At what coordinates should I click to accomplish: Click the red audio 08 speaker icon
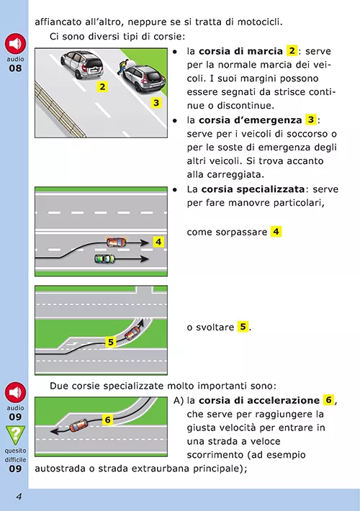coord(15,44)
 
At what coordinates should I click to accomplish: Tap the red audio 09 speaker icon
coord(15,392)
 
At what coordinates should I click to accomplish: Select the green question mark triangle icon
coord(15,435)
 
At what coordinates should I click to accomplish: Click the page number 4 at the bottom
coord(19,497)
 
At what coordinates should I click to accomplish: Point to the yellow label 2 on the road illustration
coord(102,86)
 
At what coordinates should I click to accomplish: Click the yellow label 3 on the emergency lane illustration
coord(156,103)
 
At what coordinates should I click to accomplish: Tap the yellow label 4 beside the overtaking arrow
coord(158,242)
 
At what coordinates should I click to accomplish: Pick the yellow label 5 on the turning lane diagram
coord(111,342)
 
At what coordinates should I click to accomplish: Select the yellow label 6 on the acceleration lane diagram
coord(107,420)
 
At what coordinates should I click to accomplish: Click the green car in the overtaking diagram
coord(104,259)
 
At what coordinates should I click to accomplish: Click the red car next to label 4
coord(117,242)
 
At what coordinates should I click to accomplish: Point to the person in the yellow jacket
coord(122,67)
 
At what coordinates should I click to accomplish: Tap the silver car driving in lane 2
coord(81,65)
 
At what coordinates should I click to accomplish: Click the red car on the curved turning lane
coord(132,333)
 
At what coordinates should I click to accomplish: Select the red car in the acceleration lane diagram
coord(78,425)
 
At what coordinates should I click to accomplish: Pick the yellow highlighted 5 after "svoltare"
coord(243,327)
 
